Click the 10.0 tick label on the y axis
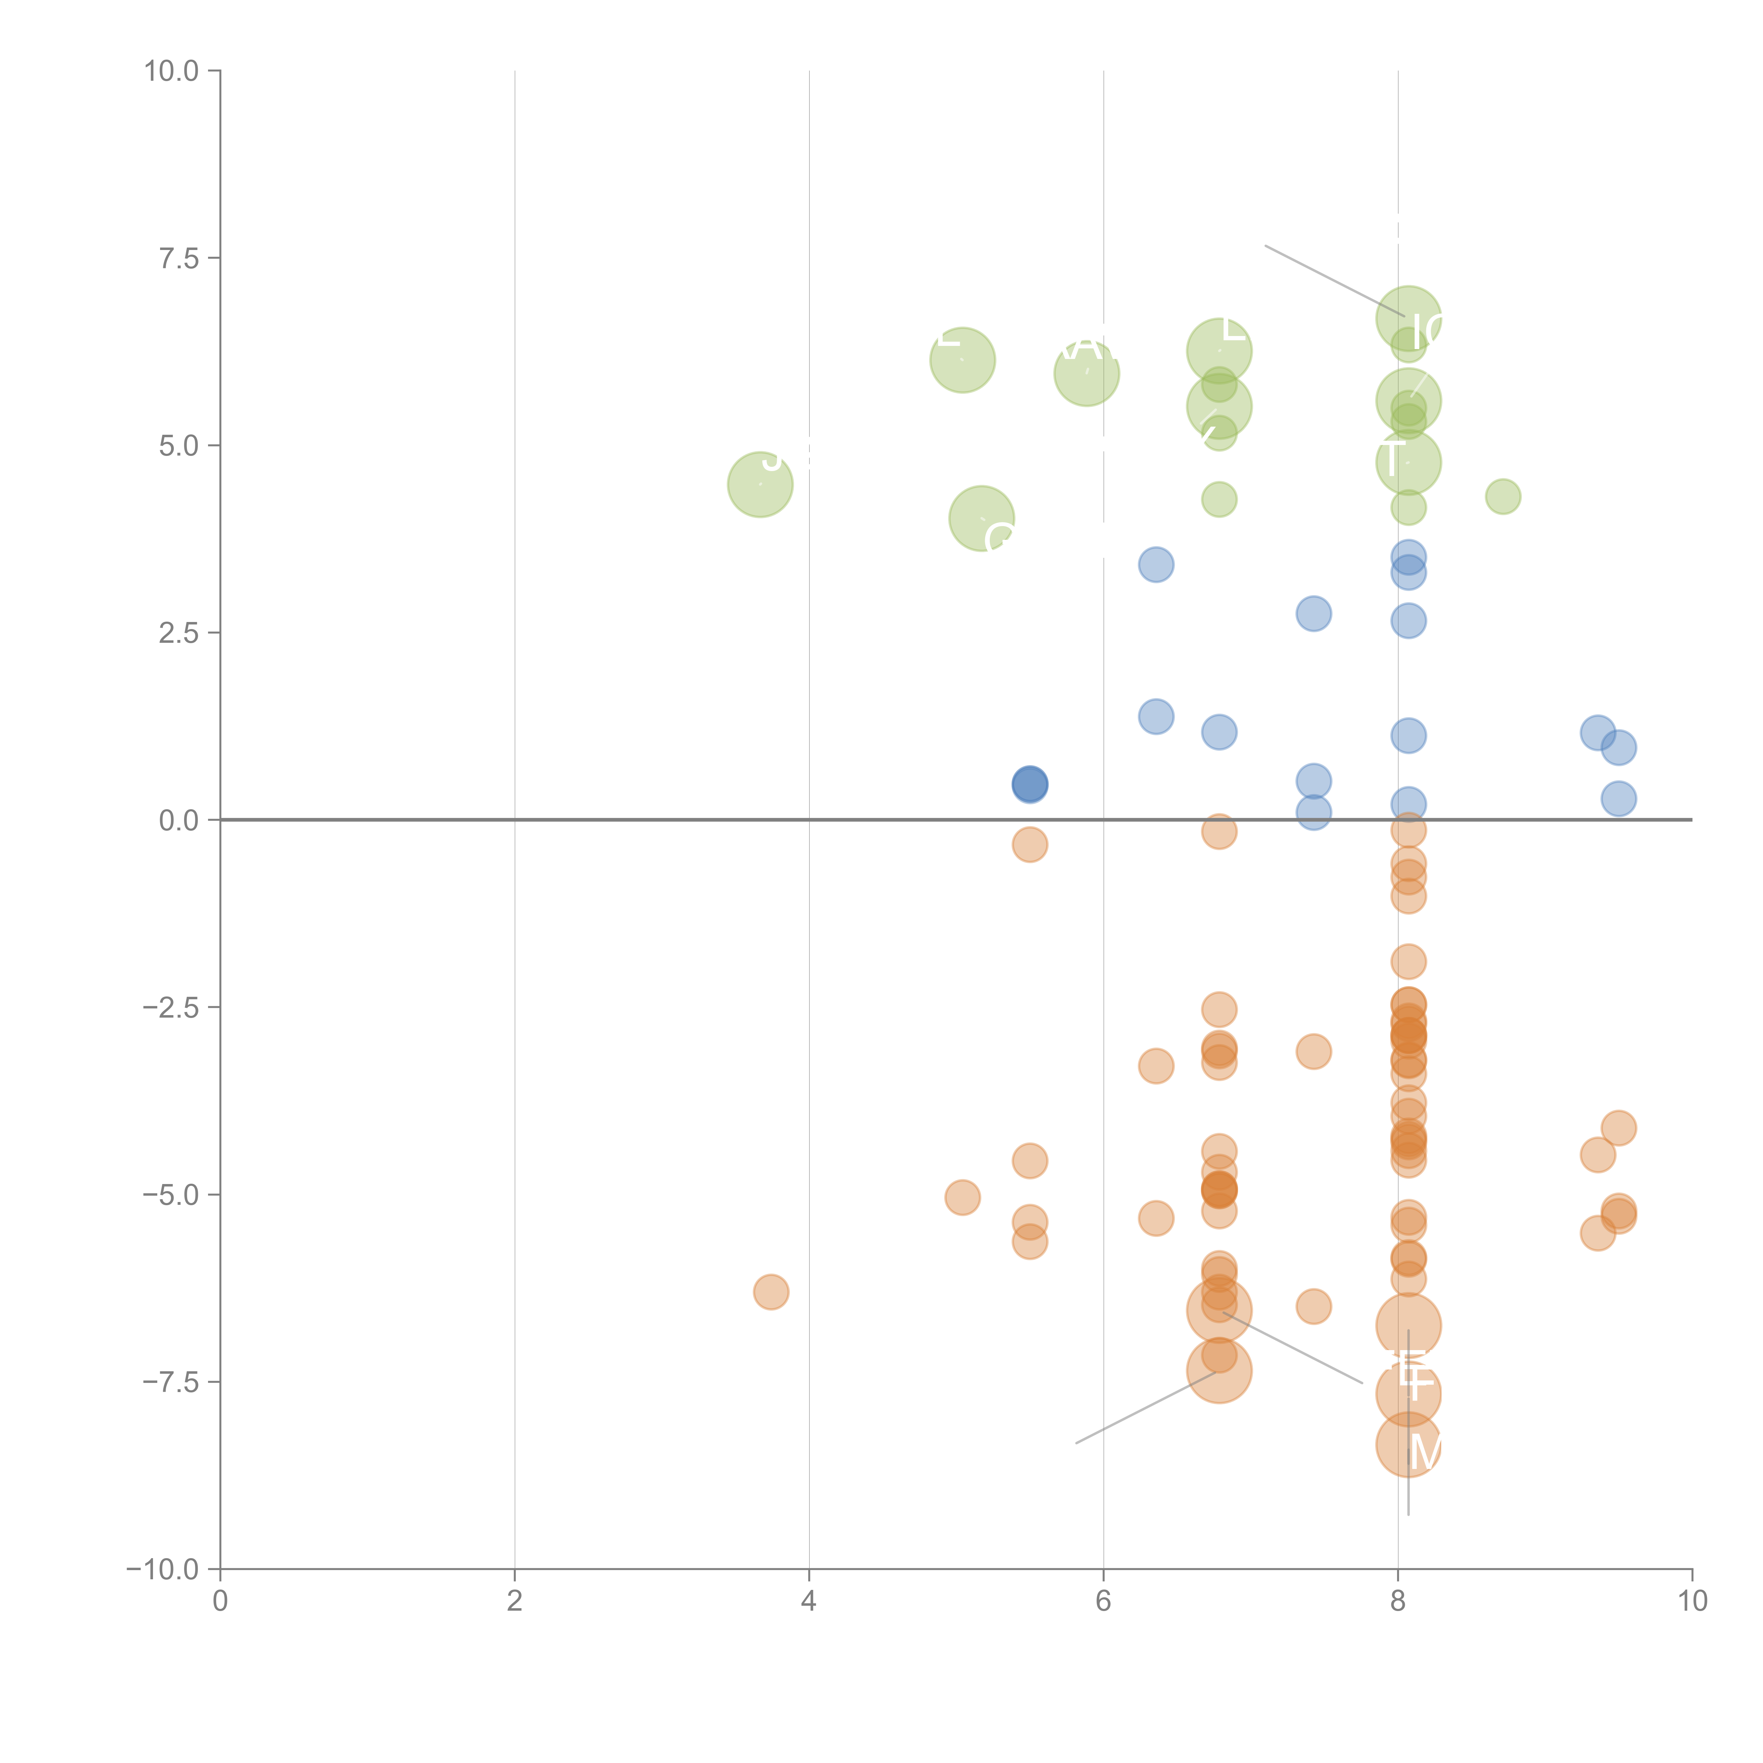(x=172, y=71)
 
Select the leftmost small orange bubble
(x=771, y=1291)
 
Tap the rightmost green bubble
(x=1503, y=496)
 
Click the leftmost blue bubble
(x=1029, y=784)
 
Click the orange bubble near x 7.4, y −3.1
(x=1313, y=1051)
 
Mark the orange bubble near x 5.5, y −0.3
(x=1029, y=844)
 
